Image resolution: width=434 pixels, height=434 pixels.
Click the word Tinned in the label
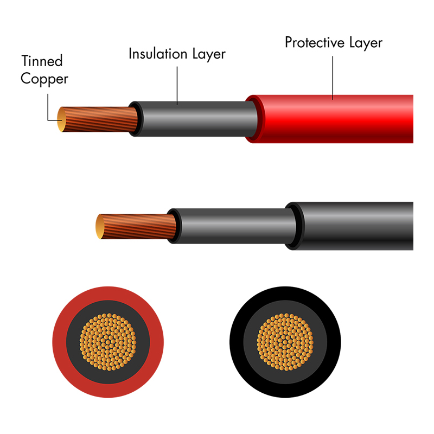click(42, 61)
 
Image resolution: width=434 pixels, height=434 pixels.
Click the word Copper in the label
click(44, 79)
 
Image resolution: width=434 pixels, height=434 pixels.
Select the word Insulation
click(158, 54)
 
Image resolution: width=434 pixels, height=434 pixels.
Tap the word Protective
click(315, 42)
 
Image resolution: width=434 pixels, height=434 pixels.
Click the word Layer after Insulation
click(209, 55)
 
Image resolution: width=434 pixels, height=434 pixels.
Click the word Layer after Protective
click(366, 43)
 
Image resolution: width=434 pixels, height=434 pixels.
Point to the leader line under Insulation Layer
click(177, 86)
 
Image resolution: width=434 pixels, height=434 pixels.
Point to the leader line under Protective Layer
click(333, 78)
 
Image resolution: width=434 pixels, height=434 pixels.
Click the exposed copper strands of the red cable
click(100, 119)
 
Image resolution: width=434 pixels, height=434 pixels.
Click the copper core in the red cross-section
click(108, 342)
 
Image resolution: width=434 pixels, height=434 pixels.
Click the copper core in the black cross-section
click(285, 342)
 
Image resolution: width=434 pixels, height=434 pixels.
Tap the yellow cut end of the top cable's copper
click(61, 119)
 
